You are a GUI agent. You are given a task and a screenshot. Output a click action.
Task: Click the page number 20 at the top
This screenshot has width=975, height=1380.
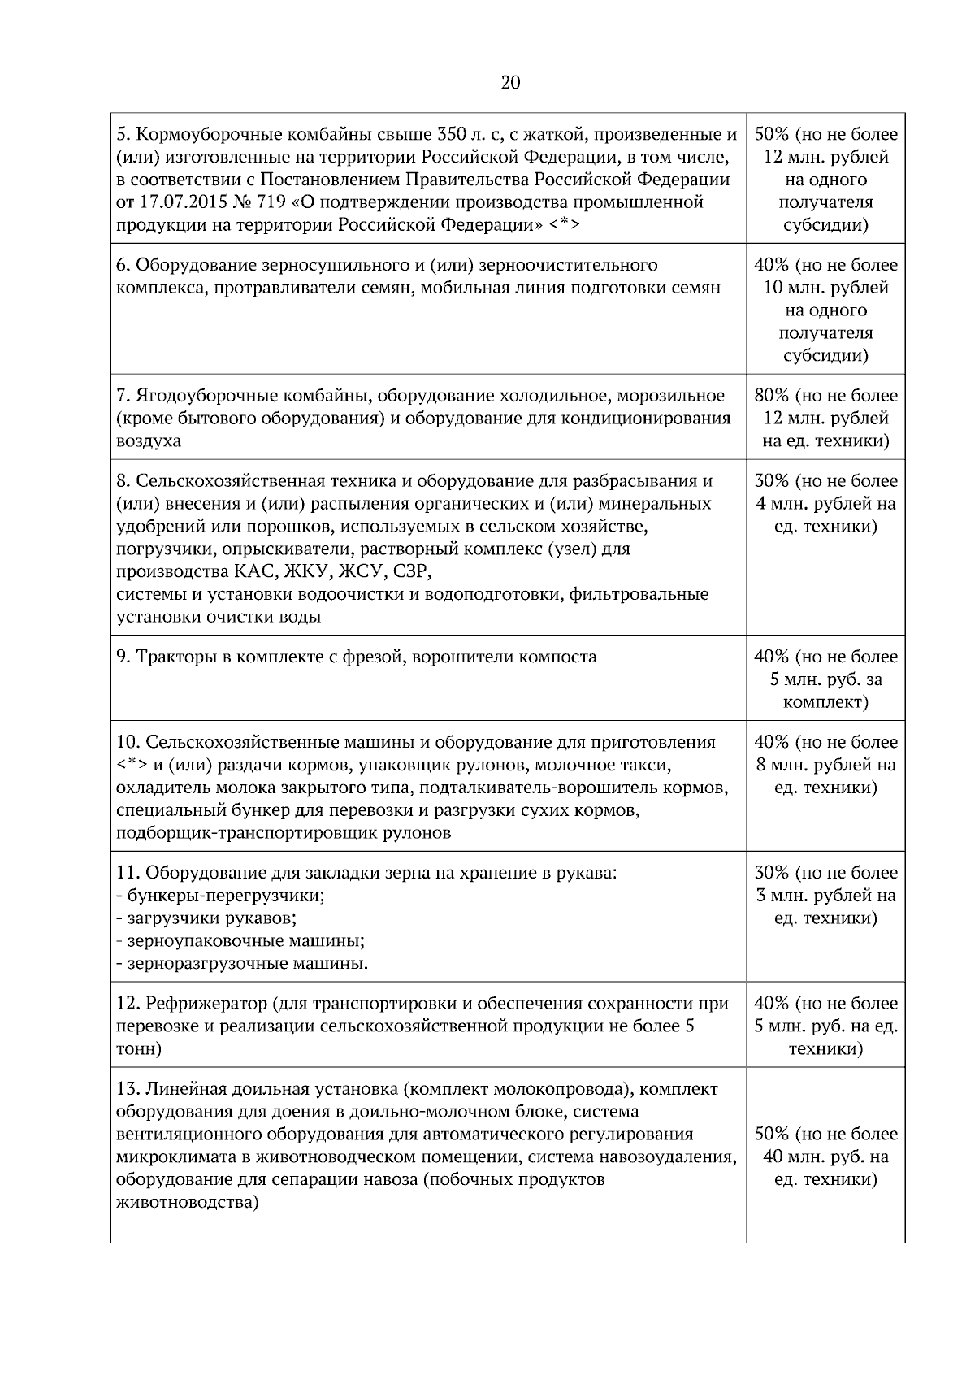coord(510,82)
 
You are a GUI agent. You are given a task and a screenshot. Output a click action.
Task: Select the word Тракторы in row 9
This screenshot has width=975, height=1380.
coord(171,657)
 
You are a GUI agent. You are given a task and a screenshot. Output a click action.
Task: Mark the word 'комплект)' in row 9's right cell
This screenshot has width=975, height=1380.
coord(825,702)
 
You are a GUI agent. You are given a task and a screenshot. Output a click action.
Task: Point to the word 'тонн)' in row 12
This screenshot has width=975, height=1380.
coord(139,1049)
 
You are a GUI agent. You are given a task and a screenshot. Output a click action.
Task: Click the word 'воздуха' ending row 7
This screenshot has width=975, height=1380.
coord(149,441)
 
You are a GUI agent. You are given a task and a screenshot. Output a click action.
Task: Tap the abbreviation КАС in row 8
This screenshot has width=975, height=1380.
coord(238,571)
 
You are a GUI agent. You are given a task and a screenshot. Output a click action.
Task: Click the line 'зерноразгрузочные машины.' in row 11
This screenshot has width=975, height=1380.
coord(242,964)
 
